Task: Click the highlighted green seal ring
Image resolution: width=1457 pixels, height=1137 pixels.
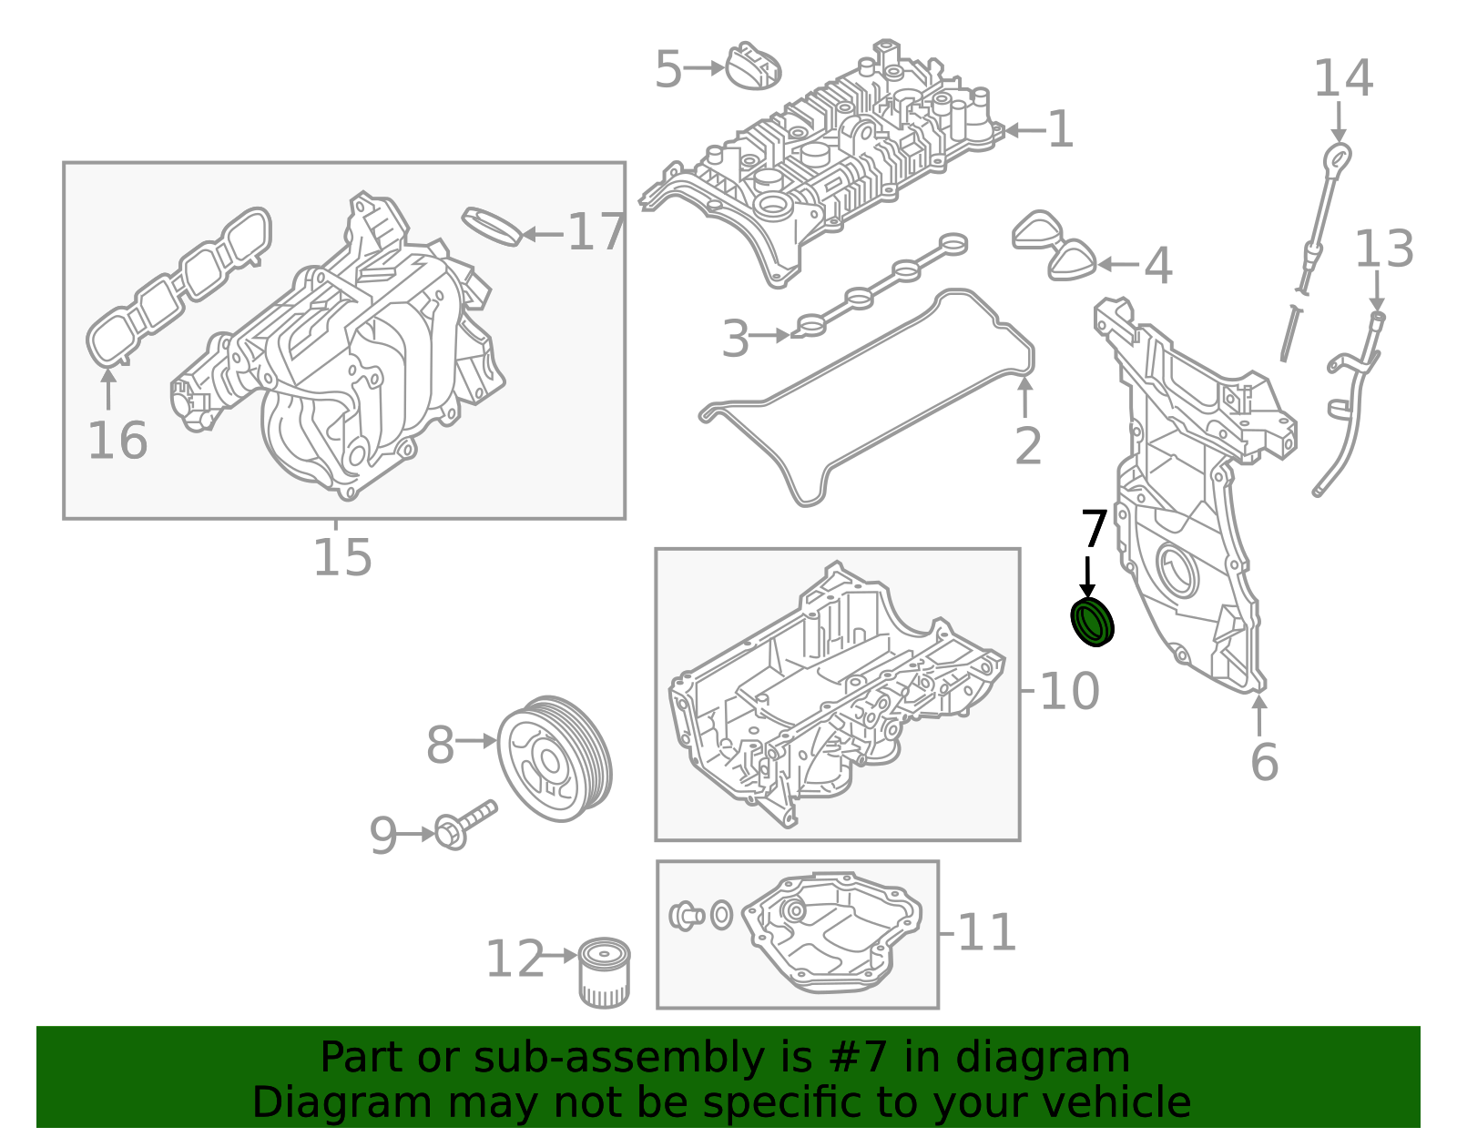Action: (1092, 622)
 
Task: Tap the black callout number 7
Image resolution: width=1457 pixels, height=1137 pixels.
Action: (1093, 529)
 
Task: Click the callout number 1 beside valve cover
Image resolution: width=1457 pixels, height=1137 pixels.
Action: (1060, 129)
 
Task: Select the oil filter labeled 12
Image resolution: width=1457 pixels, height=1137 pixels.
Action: (604, 973)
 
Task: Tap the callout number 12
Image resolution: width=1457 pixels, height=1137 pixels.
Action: (515, 959)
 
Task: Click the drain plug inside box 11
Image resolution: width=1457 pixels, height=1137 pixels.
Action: (685, 915)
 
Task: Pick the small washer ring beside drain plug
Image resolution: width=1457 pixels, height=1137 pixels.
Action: (721, 915)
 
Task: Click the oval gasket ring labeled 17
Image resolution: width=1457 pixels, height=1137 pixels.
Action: (492, 226)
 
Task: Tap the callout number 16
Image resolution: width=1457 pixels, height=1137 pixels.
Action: (117, 441)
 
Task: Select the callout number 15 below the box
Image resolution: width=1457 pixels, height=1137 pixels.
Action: (342, 557)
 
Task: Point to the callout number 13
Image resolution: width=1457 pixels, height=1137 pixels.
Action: (1383, 249)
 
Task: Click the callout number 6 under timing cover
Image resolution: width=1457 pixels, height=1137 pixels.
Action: (1264, 762)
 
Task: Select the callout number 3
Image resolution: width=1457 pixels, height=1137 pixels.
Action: (735, 339)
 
